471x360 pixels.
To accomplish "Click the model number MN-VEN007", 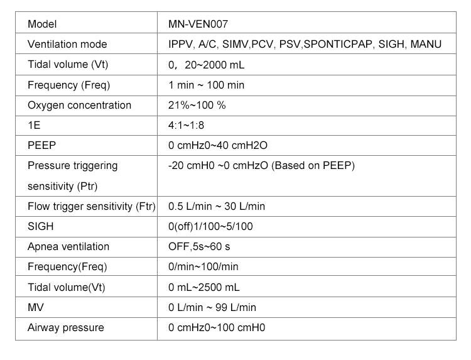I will point(198,25).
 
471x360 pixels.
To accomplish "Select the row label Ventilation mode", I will point(67,45).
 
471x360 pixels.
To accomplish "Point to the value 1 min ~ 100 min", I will point(207,85).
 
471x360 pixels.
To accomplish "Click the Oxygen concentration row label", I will point(80,105).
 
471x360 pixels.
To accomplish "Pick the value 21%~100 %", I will point(197,105).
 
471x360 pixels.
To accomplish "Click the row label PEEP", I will point(42,145).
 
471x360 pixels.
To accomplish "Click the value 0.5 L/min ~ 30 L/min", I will point(217,206).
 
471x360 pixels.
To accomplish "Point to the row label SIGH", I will point(41,226).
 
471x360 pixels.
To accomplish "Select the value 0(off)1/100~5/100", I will point(211,226).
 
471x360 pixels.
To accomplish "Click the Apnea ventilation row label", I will point(68,246).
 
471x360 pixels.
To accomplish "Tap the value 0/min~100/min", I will point(203,266).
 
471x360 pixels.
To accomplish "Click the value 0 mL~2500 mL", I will point(204,287).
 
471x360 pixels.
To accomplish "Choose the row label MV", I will point(36,307).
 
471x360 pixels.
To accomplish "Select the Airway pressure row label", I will point(66,327).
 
